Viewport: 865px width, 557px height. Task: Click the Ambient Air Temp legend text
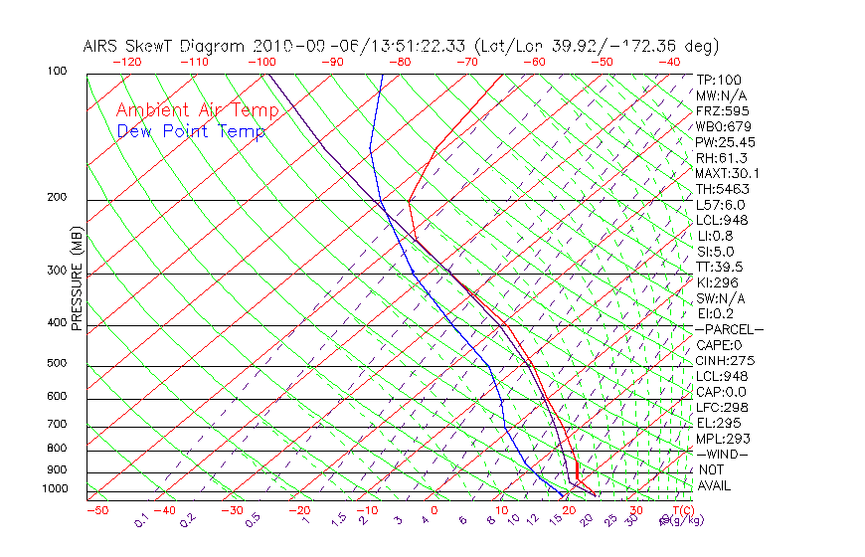point(197,110)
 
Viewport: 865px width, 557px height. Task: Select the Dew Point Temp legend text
point(191,132)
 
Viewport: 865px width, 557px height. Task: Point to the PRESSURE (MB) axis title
point(77,279)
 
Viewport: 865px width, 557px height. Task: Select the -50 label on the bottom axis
point(96,510)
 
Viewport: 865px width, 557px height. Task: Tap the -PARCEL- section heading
point(729,329)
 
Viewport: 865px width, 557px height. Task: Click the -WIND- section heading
point(722,454)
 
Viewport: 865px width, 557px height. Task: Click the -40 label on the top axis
point(669,62)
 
